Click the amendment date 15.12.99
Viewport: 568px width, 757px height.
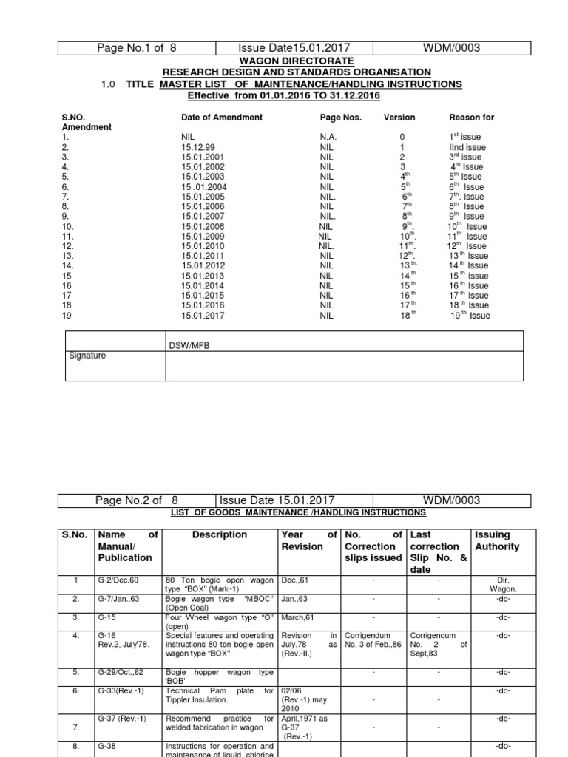[x=196, y=147]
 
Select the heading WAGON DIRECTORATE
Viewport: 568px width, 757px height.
[x=296, y=61]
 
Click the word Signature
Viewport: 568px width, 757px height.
[x=87, y=356]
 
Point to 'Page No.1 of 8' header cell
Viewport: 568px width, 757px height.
[x=138, y=48]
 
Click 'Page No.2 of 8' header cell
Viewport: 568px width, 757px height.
[x=138, y=500]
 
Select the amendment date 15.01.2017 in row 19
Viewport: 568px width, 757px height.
[x=202, y=315]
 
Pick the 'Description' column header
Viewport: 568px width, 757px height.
[x=219, y=534]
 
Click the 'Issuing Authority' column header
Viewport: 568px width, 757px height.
[x=498, y=540]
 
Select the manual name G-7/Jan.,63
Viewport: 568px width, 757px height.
[x=120, y=599]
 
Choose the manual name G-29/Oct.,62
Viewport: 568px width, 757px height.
[x=123, y=672]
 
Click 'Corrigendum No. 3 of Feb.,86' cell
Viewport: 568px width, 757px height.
[x=373, y=640]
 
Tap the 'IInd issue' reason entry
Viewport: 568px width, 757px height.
[x=467, y=147]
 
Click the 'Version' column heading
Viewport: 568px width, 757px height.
[x=399, y=118]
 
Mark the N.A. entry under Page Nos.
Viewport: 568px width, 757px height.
[x=328, y=137]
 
